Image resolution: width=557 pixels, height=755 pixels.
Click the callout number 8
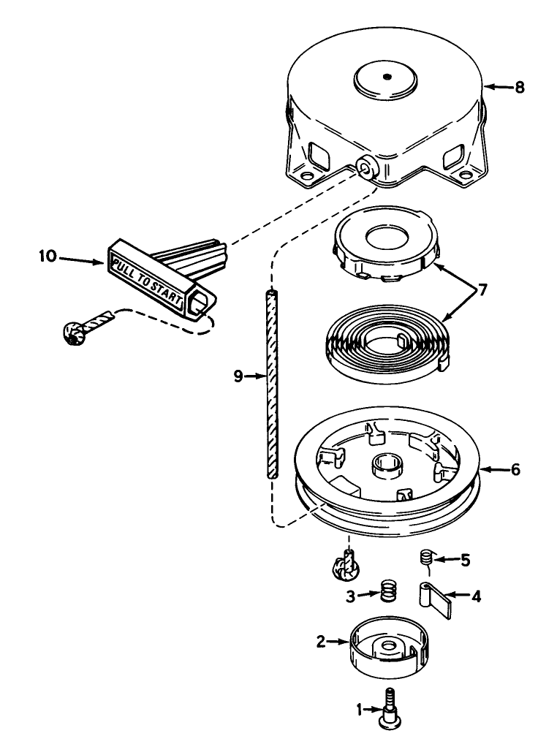pos(519,87)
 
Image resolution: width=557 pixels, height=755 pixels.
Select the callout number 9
pos(238,376)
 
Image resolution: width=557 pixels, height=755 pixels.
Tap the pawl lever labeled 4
pos(437,597)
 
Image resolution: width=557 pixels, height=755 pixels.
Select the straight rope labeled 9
pos(271,384)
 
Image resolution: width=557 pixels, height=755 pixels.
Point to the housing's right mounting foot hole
pos(465,176)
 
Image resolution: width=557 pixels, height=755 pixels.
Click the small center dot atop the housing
pos(387,77)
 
